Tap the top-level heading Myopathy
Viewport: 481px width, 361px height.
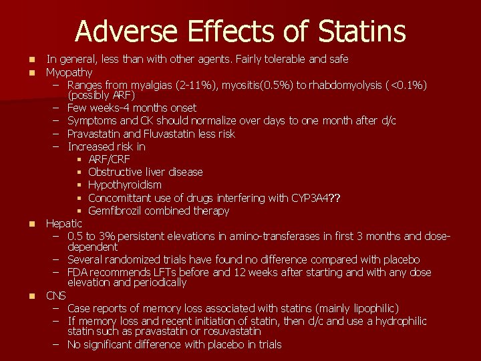click(x=69, y=72)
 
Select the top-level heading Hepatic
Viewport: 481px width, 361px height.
click(x=63, y=223)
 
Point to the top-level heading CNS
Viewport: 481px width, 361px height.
click(x=56, y=295)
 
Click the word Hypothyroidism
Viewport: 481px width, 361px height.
click(x=124, y=185)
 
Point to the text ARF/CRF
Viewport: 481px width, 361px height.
click(x=109, y=159)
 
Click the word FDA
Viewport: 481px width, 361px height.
click(x=78, y=273)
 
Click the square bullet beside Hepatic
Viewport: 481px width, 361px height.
click(x=31, y=223)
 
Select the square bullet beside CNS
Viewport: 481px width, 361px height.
click(x=31, y=295)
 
